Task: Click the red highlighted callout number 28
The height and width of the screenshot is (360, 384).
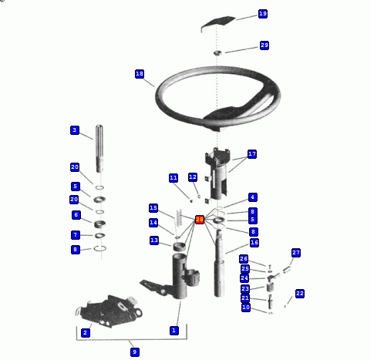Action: point(200,220)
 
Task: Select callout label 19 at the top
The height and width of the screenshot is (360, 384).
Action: point(263,14)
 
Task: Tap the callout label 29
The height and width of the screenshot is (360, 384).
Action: point(264,45)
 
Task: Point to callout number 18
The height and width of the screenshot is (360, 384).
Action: point(140,74)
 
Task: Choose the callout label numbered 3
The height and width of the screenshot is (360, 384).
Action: point(75,130)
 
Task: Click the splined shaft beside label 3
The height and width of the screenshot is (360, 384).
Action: point(99,149)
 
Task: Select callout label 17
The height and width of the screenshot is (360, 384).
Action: point(252,154)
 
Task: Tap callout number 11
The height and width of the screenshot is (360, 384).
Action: point(173,178)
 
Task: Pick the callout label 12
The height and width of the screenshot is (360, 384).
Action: point(193,177)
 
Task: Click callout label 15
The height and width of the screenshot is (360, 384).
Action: point(153,208)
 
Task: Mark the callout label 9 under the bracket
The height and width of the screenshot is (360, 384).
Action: point(135,352)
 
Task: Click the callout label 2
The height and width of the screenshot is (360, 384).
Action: point(86,333)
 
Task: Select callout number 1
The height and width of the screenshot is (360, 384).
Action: point(174,331)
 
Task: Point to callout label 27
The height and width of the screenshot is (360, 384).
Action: point(296,253)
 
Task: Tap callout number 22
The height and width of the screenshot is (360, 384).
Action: point(300,294)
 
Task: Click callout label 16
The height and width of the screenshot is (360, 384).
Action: point(254,242)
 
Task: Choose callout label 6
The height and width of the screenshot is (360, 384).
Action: point(76,215)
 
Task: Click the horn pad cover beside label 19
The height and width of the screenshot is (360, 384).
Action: point(218,22)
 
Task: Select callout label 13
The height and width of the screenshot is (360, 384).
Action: point(154,241)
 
